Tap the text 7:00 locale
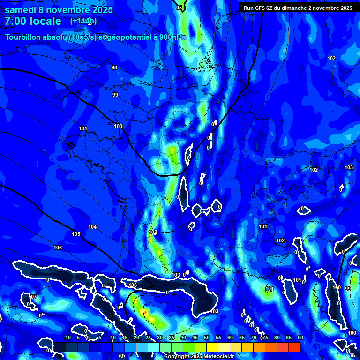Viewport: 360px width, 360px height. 33,22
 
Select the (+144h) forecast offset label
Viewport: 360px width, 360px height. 83,21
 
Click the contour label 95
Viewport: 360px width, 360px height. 179,7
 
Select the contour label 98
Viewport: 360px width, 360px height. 114,67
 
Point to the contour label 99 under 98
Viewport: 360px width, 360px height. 115,95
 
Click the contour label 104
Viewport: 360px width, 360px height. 92,227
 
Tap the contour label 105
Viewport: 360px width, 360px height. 76,234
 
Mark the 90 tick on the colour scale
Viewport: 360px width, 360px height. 300,337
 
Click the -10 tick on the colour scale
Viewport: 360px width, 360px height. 67,337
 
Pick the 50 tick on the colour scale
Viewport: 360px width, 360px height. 207,337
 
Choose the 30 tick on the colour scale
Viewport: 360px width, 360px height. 160,337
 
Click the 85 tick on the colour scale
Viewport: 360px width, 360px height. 288,337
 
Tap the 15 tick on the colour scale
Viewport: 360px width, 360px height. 125,337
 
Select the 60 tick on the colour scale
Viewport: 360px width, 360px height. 230,337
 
